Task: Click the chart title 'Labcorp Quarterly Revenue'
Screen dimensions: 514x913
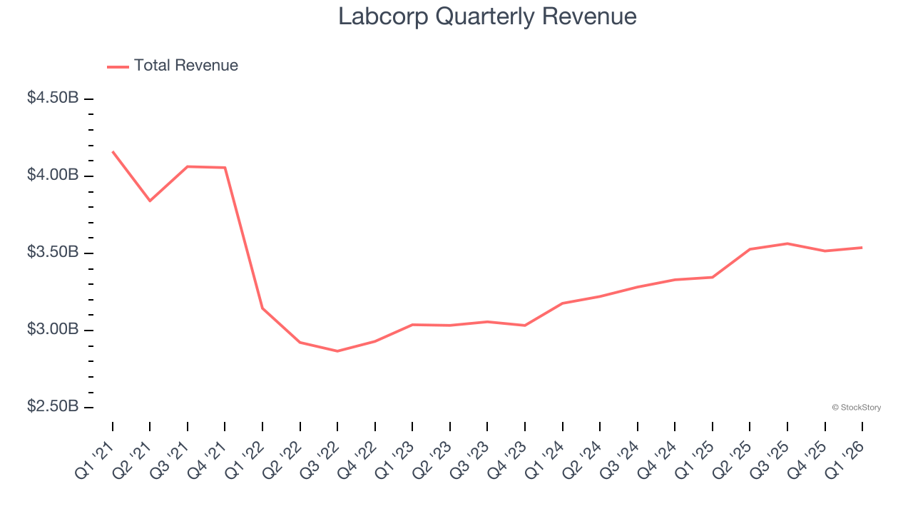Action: (487, 16)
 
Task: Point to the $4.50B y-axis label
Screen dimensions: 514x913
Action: (53, 98)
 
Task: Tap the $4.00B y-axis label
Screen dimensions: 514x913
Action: (53, 175)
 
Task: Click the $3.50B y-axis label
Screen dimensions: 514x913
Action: (53, 253)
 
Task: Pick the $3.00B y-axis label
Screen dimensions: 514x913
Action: (53, 330)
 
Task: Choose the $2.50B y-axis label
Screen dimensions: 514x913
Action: (53, 406)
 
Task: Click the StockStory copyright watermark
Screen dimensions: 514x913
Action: (856, 408)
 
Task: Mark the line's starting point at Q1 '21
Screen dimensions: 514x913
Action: (113, 151)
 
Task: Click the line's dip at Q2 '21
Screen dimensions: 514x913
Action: (150, 201)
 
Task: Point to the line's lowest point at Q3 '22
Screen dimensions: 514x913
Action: (337, 351)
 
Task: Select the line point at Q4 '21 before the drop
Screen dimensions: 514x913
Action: (225, 168)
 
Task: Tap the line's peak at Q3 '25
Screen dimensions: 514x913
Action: (787, 243)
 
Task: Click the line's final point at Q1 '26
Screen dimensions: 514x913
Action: (862, 248)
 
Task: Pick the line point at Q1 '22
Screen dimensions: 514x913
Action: (262, 308)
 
